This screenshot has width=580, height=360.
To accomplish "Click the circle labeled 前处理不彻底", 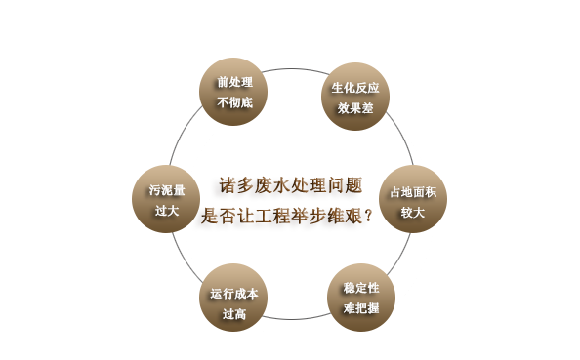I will point(233,91).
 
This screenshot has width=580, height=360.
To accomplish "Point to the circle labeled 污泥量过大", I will point(160,200).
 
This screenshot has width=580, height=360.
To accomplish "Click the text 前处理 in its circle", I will point(234,82).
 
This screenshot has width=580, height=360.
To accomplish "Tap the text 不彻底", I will point(234,101).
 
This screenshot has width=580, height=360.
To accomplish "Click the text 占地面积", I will point(413,191).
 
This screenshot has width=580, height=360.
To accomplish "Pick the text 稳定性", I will point(361,289).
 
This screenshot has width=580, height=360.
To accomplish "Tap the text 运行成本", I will point(234,293).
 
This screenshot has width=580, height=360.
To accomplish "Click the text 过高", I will point(234,313).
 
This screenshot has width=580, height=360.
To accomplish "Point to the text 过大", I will point(160,211).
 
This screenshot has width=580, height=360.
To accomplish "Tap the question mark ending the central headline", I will point(367,216).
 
